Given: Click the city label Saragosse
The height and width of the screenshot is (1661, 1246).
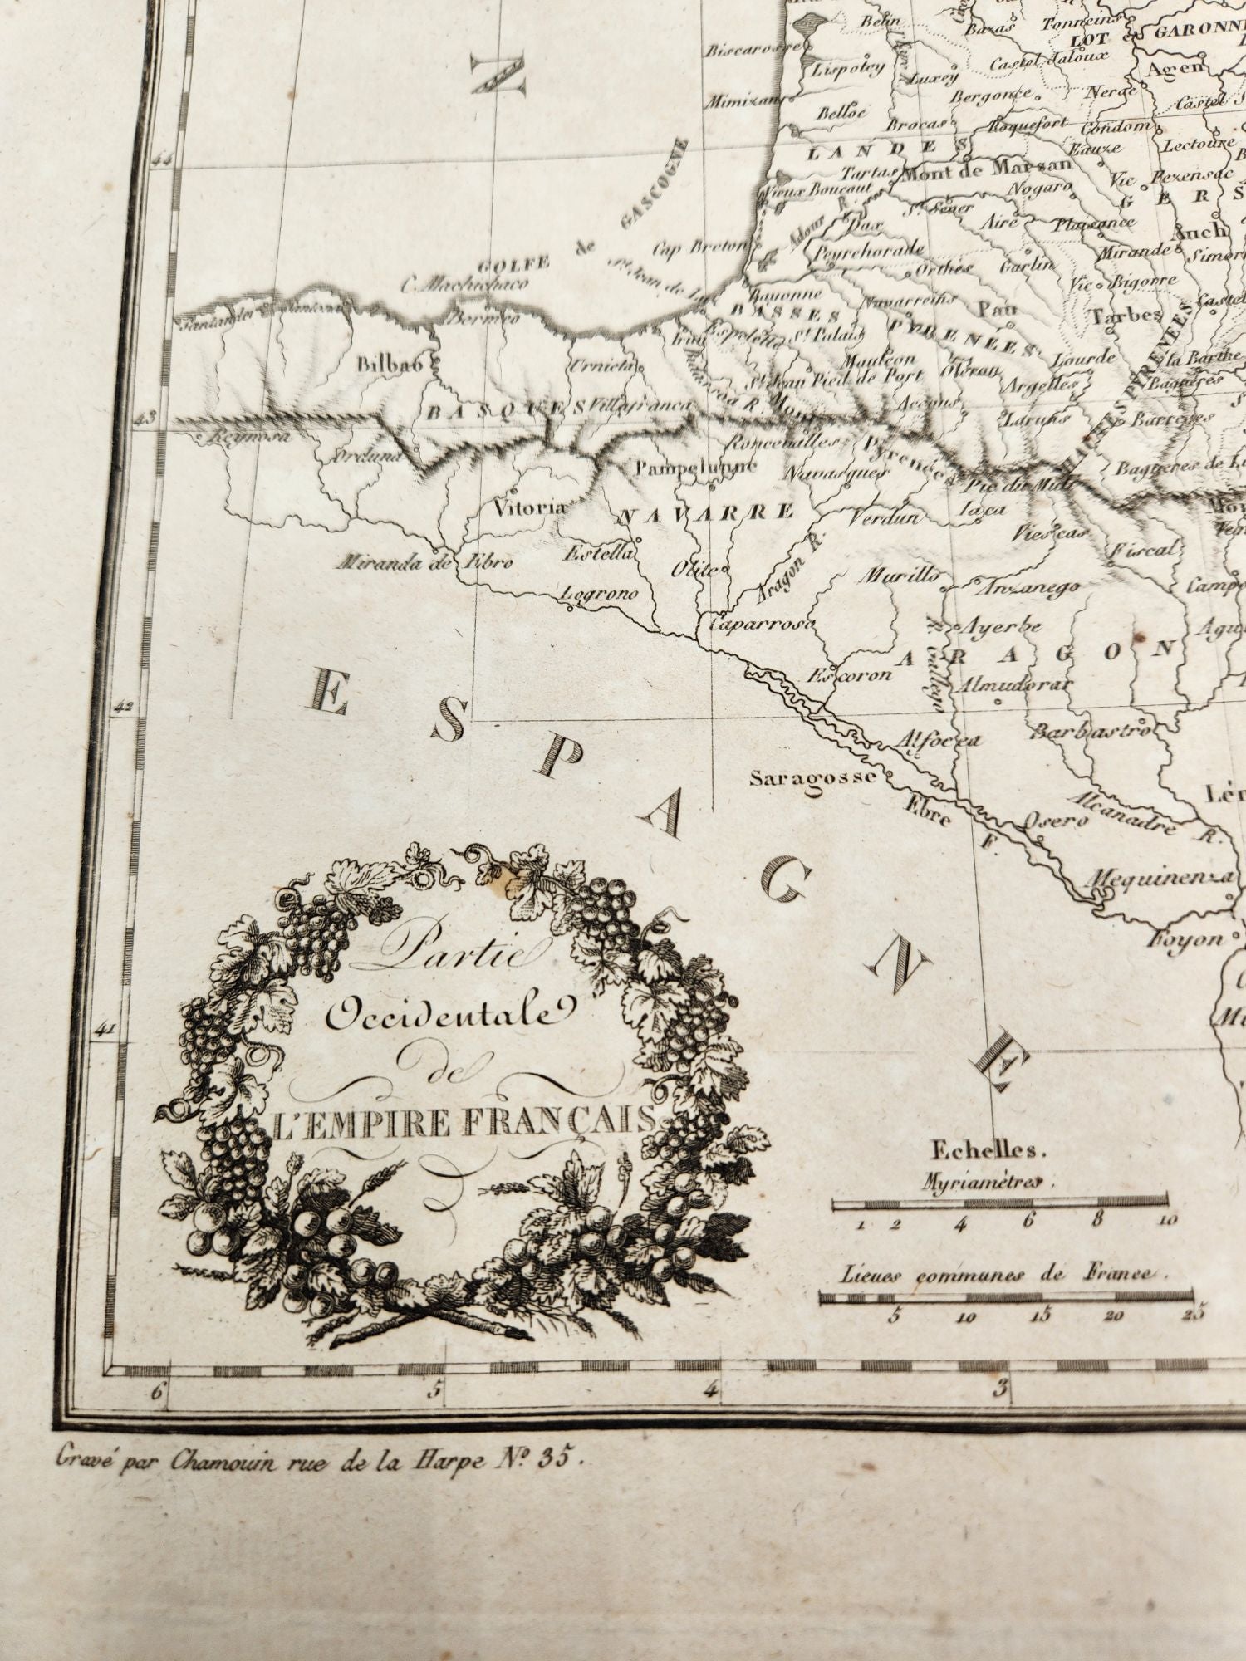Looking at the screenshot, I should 812,778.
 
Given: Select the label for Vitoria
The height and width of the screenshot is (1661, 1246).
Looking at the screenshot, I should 530,507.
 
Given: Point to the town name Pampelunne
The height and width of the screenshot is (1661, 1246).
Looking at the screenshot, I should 696,466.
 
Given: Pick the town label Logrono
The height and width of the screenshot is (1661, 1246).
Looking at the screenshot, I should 600,594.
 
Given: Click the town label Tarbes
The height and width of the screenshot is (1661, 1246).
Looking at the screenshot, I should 1126,316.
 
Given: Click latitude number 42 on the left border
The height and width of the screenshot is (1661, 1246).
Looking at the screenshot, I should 125,707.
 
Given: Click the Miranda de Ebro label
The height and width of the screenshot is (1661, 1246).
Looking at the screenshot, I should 424,563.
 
